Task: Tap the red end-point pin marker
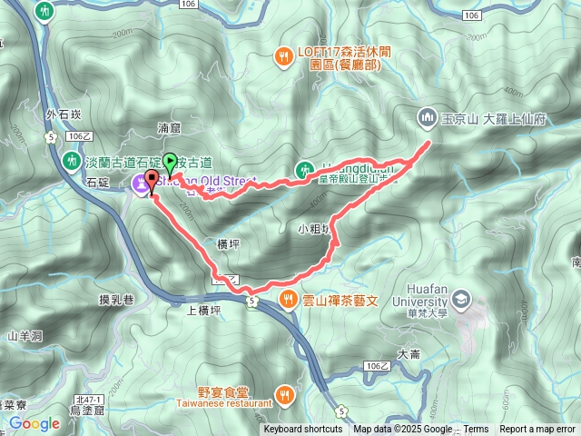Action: (151, 177)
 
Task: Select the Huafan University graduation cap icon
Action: (461, 299)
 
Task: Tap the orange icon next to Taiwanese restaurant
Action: (285, 393)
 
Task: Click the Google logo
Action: (34, 423)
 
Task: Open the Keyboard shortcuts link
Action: (303, 430)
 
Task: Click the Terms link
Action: (476, 430)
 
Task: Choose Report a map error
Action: (537, 430)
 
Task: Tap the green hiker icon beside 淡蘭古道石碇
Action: (73, 162)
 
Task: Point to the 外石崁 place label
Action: (57, 116)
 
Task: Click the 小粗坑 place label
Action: (312, 228)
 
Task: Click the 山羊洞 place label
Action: (25, 337)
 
